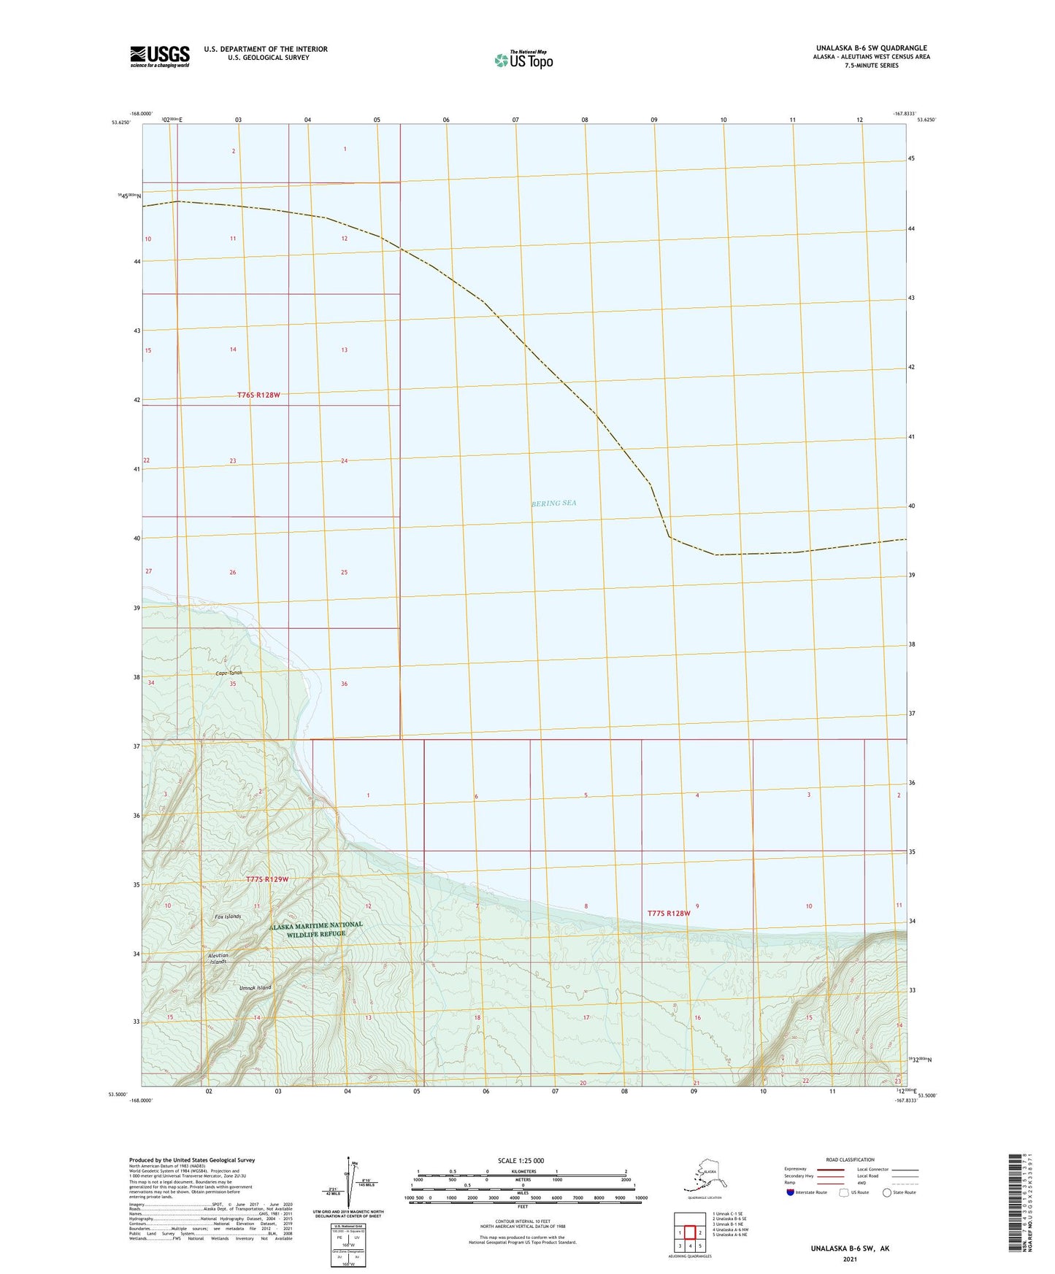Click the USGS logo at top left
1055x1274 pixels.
point(159,56)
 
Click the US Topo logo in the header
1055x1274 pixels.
point(523,60)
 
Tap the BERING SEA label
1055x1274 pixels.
point(553,503)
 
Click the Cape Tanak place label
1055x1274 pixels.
point(229,673)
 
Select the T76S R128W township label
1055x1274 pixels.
point(258,395)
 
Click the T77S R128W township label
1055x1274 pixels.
point(668,913)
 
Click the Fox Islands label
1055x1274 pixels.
point(228,916)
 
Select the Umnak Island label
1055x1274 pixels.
point(255,988)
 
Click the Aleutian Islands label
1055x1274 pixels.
point(219,958)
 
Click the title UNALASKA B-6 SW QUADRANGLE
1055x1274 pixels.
point(871,48)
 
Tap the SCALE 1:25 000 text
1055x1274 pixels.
point(521,1160)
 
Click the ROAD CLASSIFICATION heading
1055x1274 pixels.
point(850,1159)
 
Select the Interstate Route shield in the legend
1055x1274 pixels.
point(791,1192)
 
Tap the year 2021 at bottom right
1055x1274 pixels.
point(849,1259)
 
